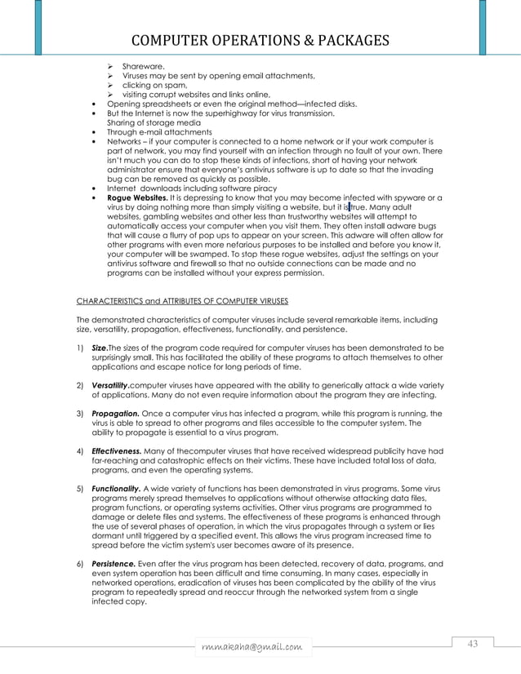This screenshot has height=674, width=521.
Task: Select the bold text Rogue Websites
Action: [134, 197]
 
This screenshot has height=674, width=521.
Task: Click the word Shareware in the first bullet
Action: [143, 65]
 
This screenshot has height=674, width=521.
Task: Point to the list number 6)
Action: [80, 563]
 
